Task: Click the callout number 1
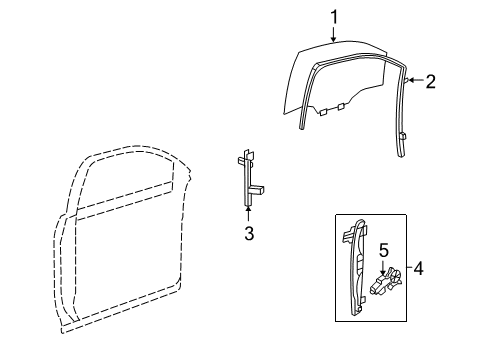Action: pyautogui.click(x=336, y=16)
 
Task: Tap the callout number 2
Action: pyautogui.click(x=431, y=82)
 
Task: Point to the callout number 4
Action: pyautogui.click(x=418, y=268)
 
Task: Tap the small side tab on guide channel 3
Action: pyautogui.click(x=258, y=188)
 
